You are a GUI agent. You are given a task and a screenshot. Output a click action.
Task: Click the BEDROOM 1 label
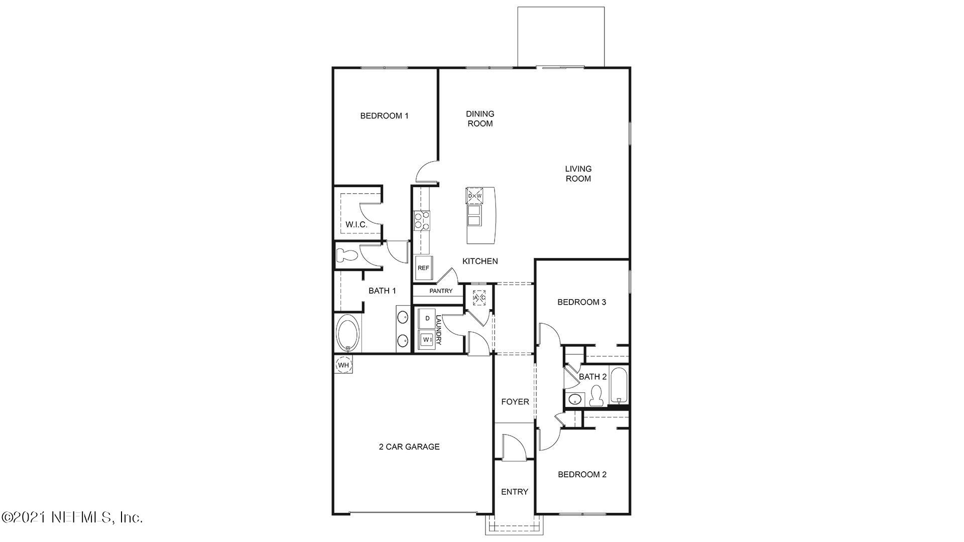[384, 116]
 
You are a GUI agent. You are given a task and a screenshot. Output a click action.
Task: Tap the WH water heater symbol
[343, 365]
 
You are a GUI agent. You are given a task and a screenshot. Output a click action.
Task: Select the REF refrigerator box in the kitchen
[423, 268]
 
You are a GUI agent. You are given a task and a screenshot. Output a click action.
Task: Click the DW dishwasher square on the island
[474, 196]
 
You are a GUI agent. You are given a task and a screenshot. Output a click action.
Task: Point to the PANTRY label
[441, 291]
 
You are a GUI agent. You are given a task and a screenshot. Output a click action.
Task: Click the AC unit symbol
[479, 298]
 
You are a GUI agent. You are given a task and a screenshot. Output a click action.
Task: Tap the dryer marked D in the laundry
[427, 319]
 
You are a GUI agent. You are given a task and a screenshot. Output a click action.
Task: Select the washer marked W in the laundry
[427, 340]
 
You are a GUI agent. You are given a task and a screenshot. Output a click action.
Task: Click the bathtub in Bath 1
[347, 333]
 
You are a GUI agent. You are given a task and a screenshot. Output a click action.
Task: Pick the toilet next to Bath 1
[346, 255]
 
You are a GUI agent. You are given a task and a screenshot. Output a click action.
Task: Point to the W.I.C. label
[356, 224]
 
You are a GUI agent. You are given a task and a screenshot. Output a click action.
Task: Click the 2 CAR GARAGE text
[409, 447]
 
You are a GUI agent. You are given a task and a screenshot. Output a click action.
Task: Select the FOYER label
[515, 401]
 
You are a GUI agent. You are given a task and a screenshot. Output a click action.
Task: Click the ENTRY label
[515, 492]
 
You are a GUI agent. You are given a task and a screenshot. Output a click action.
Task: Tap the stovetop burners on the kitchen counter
[422, 221]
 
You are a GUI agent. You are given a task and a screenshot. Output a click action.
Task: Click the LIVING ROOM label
[578, 174]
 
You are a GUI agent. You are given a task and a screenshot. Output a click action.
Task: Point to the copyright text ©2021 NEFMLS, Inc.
[72, 517]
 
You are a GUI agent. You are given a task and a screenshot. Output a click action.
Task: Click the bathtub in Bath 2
[619, 385]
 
